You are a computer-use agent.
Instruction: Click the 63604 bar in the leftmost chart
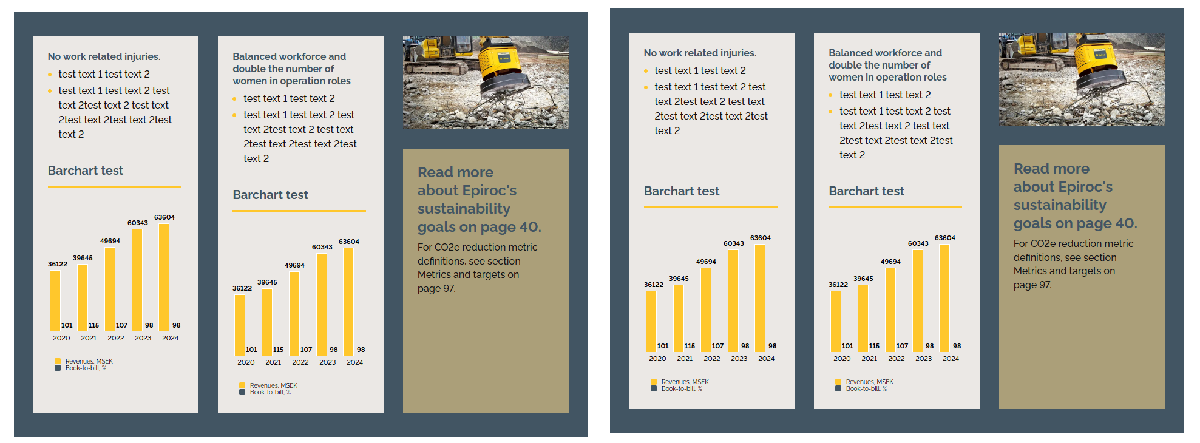tap(164, 277)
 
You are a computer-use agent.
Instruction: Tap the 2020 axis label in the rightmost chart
tap(842, 359)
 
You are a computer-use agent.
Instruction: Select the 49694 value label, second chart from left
tap(294, 265)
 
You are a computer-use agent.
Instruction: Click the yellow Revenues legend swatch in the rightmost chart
tap(838, 382)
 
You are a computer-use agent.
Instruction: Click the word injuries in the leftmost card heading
tap(143, 56)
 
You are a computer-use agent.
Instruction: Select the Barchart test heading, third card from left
tap(682, 191)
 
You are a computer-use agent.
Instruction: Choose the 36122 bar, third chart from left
tap(651, 321)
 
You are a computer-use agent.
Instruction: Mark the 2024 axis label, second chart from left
tap(355, 362)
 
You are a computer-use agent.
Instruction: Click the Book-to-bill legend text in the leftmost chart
tap(86, 368)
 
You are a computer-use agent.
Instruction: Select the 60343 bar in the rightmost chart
tap(918, 300)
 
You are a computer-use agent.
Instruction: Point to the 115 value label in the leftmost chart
tap(93, 325)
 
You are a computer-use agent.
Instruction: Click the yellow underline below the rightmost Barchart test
tap(895, 207)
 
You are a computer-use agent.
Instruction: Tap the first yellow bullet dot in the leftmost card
tap(50, 75)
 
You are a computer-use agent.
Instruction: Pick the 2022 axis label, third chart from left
tap(712, 359)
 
